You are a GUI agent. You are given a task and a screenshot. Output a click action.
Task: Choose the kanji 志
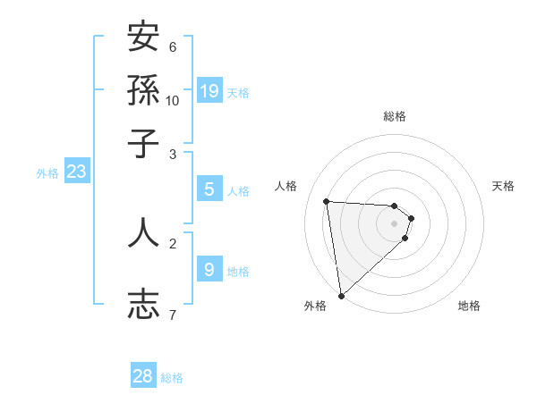coord(143,304)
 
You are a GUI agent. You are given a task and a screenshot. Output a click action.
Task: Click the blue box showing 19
coord(209,90)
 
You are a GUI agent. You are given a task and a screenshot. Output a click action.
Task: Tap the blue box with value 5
coord(209,189)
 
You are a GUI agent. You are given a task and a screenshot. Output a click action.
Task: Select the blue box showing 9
coord(209,269)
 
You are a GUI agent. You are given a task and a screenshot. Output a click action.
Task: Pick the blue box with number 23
coord(76,172)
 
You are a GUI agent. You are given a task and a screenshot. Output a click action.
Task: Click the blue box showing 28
coord(143,376)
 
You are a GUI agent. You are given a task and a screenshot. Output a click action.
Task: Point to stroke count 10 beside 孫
coord(173,100)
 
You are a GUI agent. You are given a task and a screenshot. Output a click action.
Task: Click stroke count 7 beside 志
coord(172,315)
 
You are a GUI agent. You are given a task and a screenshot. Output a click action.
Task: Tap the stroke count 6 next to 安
coord(173,46)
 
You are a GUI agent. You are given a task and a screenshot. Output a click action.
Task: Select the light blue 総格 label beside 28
coord(172,378)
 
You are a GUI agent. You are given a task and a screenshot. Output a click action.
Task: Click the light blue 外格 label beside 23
coord(47,173)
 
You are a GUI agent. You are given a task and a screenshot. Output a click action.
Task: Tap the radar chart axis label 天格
coord(504,186)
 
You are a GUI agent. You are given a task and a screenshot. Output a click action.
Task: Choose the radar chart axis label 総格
coord(395,116)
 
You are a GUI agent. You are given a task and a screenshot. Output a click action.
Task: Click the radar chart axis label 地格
coord(469,306)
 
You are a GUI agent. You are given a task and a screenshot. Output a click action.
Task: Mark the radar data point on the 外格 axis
coord(341,295)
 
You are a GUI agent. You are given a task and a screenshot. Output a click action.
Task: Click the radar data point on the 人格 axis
coord(327,201)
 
